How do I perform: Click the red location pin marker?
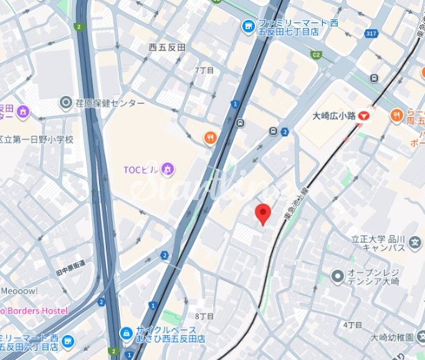click(x=264, y=214)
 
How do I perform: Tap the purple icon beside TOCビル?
click(x=167, y=169)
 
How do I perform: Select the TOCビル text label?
click(x=140, y=169)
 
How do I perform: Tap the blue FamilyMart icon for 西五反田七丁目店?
click(x=248, y=25)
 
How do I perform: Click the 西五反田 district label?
click(x=167, y=47)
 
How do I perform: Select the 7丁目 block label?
click(x=204, y=70)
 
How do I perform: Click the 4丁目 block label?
click(x=352, y=324)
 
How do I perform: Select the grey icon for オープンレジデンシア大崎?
click(x=337, y=275)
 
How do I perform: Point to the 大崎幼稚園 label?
click(x=390, y=338)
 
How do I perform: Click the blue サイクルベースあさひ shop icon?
click(x=126, y=334)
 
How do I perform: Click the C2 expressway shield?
click(x=316, y=55)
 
